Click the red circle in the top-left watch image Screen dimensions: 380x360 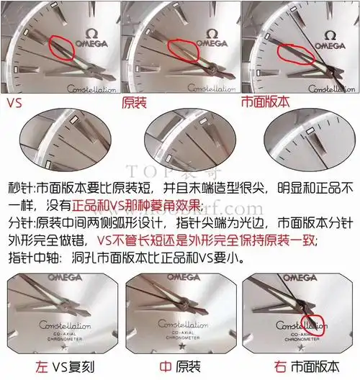[62, 49]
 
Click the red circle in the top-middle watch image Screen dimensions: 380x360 [183, 52]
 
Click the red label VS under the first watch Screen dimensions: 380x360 [14, 103]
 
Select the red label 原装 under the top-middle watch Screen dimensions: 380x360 [134, 103]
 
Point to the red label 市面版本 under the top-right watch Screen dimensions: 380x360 [264, 103]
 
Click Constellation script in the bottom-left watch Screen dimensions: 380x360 [65, 325]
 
